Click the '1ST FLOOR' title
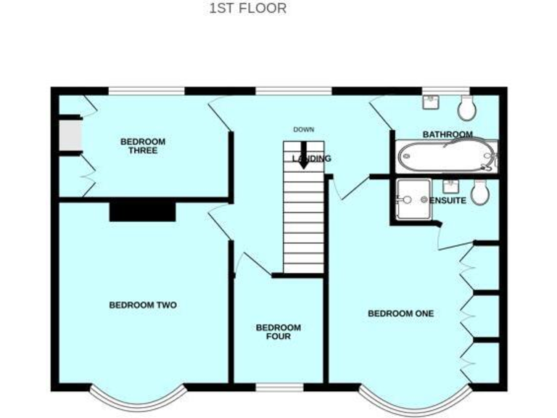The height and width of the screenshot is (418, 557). (x=247, y=9)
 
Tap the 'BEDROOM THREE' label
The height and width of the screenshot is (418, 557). (x=143, y=146)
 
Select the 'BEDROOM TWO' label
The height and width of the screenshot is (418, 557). (x=143, y=306)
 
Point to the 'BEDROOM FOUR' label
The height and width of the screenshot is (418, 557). (x=278, y=332)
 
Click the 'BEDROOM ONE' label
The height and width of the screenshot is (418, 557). (x=400, y=313)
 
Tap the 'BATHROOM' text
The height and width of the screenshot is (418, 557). (x=447, y=134)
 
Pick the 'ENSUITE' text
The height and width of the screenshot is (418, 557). (x=447, y=200)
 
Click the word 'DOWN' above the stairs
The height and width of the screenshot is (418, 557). (x=303, y=130)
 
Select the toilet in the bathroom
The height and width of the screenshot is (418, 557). (x=468, y=109)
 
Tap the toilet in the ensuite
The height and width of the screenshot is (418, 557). (x=479, y=192)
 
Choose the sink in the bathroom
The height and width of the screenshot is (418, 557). (x=432, y=102)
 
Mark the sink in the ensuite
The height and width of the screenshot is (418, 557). (x=450, y=184)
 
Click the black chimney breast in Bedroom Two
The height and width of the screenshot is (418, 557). (x=143, y=211)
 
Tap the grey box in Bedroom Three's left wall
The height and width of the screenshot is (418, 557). (x=70, y=135)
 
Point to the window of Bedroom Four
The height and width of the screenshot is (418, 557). (x=279, y=387)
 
